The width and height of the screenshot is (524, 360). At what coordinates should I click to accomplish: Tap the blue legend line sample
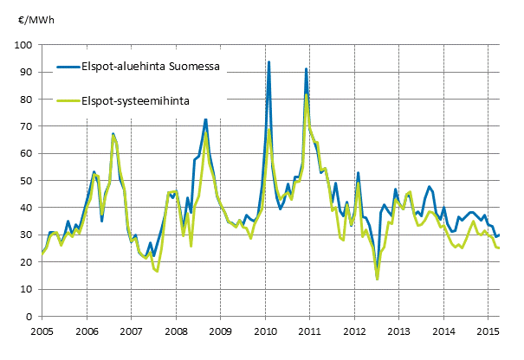click(68, 65)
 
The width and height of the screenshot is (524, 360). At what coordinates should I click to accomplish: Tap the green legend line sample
click(68, 100)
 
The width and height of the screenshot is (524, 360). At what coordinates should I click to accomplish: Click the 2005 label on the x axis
click(41, 331)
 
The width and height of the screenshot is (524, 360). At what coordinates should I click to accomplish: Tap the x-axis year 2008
click(176, 331)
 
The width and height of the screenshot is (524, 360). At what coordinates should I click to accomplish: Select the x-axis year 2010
click(265, 331)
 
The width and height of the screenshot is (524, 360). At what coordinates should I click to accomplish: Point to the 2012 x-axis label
click(355, 331)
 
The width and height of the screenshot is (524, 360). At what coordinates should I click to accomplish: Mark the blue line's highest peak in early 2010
click(269, 62)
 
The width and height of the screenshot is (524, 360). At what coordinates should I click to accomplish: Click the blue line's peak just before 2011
click(306, 68)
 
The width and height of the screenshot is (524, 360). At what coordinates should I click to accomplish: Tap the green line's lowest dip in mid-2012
click(378, 279)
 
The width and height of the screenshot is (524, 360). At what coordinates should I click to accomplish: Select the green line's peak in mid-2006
click(113, 135)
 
